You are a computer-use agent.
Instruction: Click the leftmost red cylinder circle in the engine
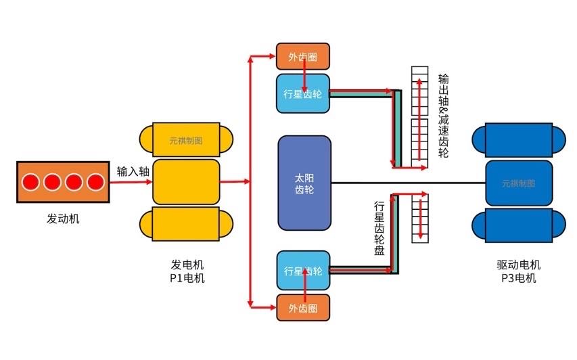(30, 182)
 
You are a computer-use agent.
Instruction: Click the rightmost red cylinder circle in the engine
(95, 182)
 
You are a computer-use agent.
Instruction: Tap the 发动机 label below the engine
(62, 219)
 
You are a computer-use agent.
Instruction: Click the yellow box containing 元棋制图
(186, 141)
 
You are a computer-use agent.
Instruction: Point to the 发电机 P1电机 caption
(187, 271)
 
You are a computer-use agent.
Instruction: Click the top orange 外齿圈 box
(302, 58)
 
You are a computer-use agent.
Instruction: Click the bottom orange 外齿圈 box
(302, 308)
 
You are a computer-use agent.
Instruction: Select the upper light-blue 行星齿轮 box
(302, 93)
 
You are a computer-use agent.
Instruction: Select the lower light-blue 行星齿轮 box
(302, 271)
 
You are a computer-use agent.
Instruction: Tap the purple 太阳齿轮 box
(304, 183)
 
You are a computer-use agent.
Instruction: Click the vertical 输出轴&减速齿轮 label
(443, 115)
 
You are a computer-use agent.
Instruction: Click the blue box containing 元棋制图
(518, 183)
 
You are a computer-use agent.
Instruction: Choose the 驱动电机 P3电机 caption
(518, 271)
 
